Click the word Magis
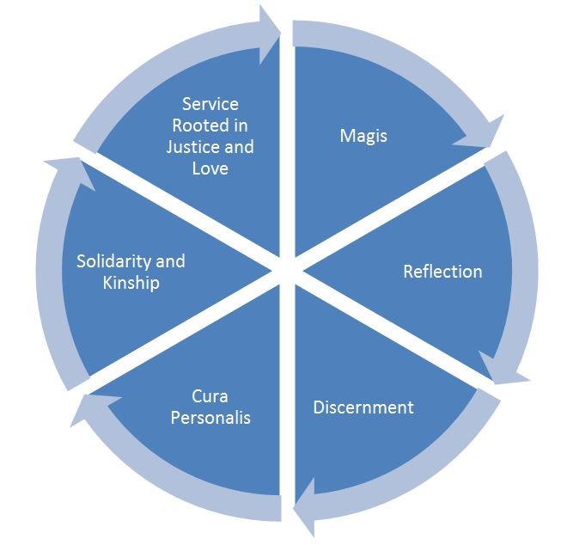364,137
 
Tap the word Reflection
442,272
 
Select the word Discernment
363,407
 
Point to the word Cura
210,397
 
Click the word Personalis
210,418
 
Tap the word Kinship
131,282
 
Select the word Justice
194,147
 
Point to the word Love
210,168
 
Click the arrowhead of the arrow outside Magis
485,138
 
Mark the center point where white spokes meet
287,271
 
